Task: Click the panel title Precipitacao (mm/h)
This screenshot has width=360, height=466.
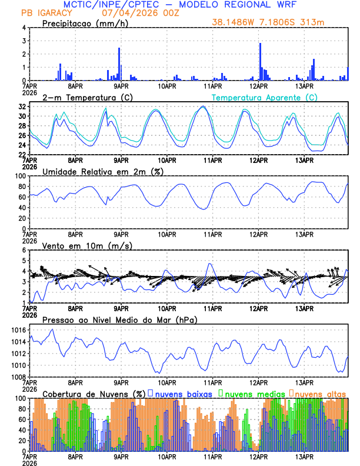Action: click(x=84, y=23)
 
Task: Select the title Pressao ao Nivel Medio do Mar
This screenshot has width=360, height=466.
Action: click(x=119, y=319)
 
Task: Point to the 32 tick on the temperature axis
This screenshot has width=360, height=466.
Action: click(x=22, y=107)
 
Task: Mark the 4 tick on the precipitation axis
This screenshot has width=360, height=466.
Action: click(x=24, y=28)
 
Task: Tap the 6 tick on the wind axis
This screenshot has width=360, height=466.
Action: click(x=24, y=250)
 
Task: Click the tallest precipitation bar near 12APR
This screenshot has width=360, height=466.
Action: click(x=260, y=62)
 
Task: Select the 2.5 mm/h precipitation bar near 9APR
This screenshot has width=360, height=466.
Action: click(x=119, y=64)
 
